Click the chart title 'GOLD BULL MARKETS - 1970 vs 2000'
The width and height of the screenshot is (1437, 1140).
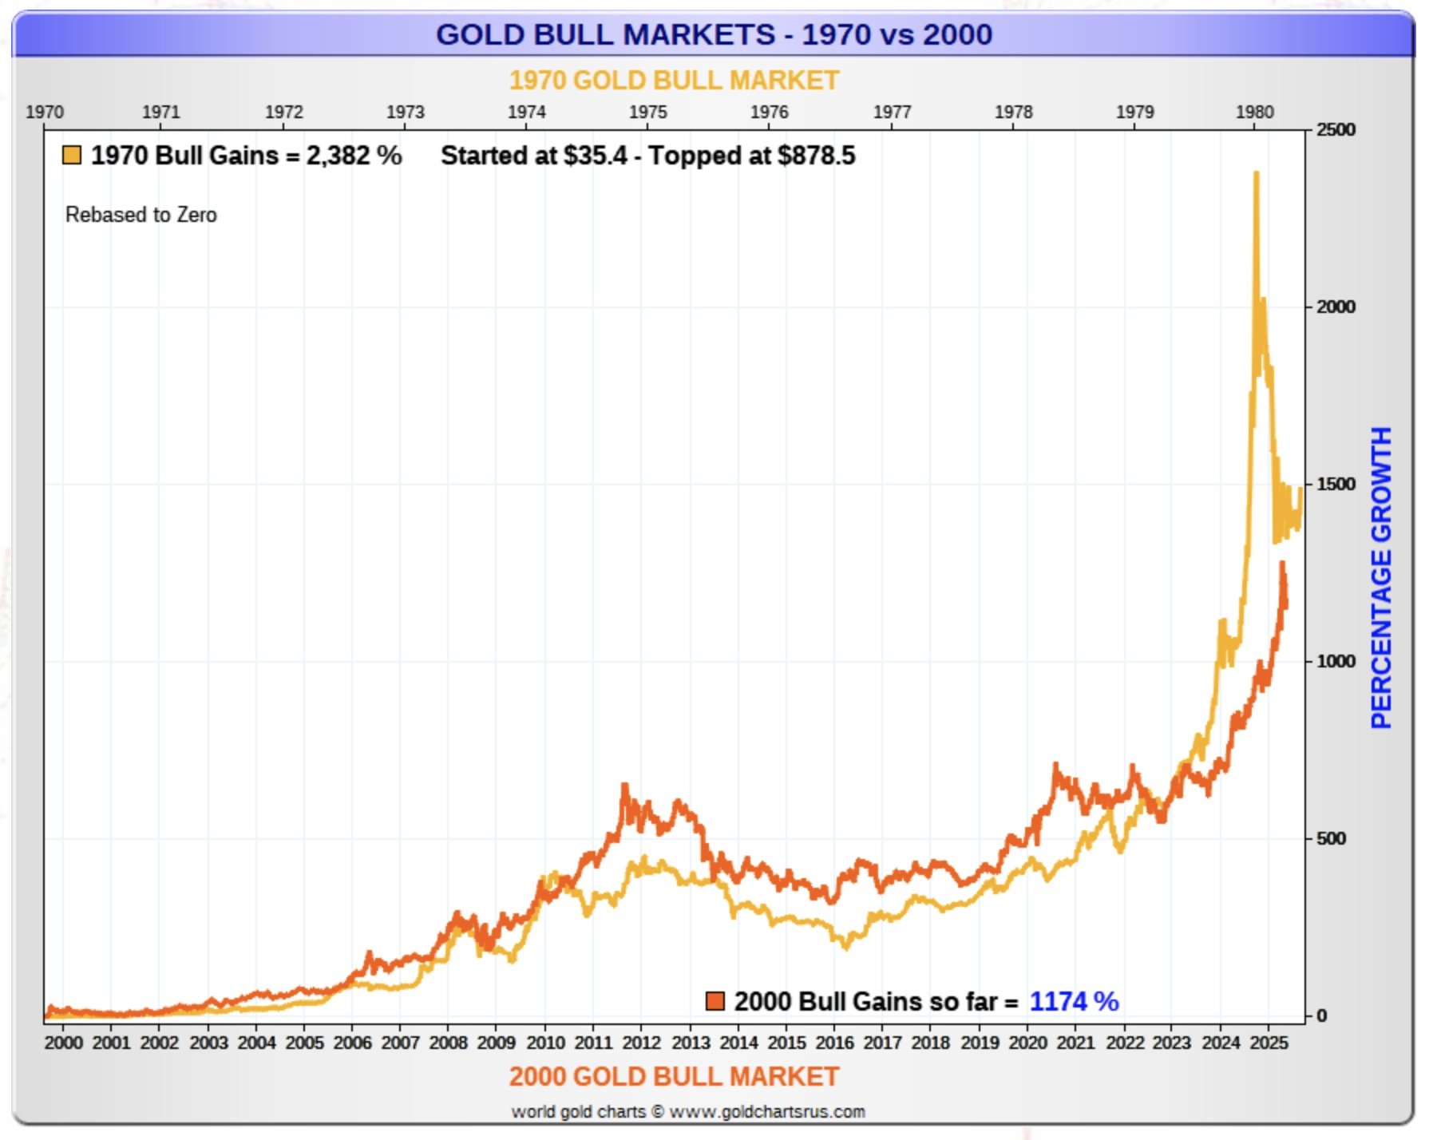pos(714,34)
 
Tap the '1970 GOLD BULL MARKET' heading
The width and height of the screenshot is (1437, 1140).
pos(674,81)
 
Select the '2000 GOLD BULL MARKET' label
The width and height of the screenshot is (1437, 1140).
pos(674,1076)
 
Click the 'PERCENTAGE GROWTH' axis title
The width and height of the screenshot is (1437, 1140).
pos(1381,577)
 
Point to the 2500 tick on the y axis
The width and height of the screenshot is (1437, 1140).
pos(1336,129)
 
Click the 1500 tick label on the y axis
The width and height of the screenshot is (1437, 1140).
pos(1336,485)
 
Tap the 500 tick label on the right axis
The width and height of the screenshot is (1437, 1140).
pos(1330,839)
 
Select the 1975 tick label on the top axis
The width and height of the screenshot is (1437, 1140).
pos(647,112)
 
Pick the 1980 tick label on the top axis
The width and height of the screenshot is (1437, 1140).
pos(1254,112)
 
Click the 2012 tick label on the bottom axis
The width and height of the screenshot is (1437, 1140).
pos(641,1043)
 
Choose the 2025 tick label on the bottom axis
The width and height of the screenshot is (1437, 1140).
pos(1269,1043)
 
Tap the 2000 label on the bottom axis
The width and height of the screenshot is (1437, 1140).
pos(63,1043)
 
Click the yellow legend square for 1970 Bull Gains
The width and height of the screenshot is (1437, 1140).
pos(72,155)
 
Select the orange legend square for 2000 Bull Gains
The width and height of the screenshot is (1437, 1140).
pos(715,1001)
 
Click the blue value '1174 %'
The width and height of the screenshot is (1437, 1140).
pos(1074,1001)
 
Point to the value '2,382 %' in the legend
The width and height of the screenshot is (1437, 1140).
pos(354,155)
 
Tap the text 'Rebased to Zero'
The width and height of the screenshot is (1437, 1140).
pos(141,215)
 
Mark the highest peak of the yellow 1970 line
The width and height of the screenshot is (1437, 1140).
pos(1256,173)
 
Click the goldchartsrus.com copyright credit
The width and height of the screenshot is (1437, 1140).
pos(687,1112)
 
